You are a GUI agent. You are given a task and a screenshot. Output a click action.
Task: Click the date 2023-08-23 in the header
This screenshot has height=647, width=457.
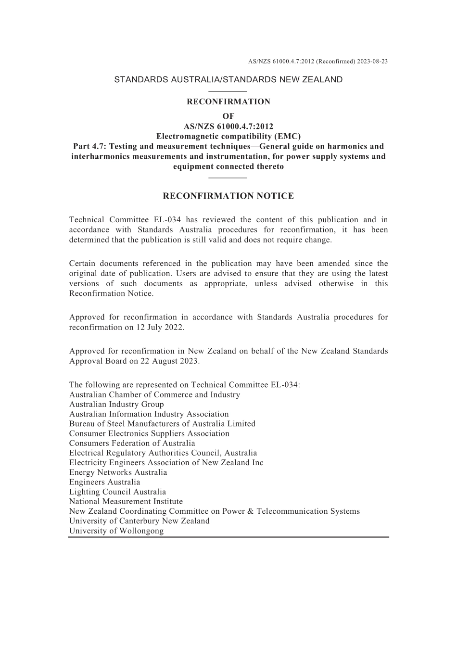click(373, 62)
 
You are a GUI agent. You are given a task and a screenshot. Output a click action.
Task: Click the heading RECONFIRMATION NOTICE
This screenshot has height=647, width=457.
click(228, 196)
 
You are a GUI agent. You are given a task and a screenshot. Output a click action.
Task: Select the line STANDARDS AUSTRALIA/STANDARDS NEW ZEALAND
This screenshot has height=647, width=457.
click(228, 80)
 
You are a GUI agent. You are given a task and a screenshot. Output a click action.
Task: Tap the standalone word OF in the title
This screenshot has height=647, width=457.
click(228, 116)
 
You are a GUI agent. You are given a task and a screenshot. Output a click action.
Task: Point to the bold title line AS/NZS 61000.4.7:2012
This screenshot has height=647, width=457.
click(228, 127)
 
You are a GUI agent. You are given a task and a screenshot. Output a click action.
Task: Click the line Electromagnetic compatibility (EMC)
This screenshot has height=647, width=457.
click(228, 136)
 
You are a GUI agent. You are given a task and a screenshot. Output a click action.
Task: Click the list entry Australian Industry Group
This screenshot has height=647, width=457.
click(116, 405)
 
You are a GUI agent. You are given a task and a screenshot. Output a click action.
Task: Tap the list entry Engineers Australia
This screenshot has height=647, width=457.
click(104, 482)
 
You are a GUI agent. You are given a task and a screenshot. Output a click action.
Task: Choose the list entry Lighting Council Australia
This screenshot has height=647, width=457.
click(117, 492)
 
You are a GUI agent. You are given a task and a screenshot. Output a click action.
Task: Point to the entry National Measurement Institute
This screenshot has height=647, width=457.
click(126, 501)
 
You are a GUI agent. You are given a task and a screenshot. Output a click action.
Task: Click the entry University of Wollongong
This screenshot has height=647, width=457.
click(116, 531)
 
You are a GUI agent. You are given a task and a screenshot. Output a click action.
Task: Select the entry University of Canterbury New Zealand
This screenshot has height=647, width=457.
click(140, 521)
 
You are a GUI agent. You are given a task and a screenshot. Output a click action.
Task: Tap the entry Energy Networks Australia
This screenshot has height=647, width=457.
click(118, 472)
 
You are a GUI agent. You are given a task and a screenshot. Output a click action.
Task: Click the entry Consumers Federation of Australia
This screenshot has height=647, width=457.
click(132, 443)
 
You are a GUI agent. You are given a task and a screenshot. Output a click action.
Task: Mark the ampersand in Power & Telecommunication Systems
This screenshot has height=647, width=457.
click(250, 511)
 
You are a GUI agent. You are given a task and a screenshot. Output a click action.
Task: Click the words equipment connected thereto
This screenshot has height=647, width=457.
click(228, 166)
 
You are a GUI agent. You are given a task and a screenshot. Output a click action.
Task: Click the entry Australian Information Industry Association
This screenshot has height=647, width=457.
click(149, 414)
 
